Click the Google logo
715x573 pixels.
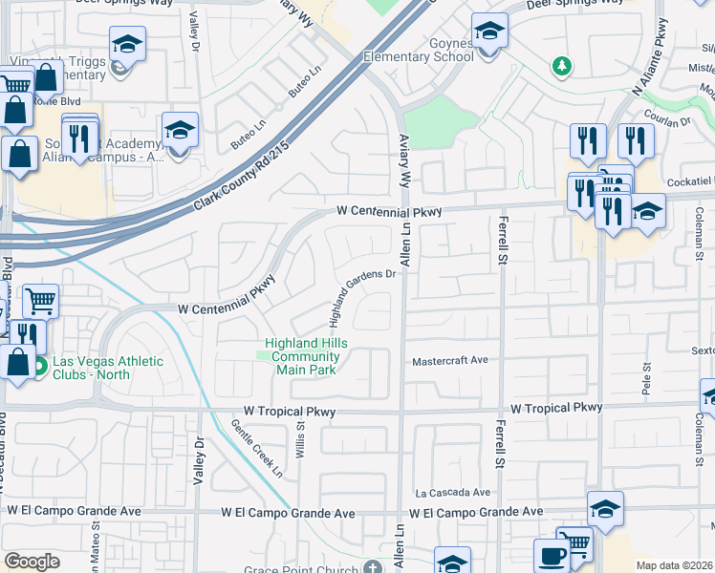click(x=32, y=562)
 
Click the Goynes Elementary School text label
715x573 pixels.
click(x=419, y=50)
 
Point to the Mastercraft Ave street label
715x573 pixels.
click(x=450, y=362)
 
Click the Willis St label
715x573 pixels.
click(x=300, y=441)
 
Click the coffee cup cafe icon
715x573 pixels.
click(x=551, y=556)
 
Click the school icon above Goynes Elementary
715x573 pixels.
click(x=489, y=32)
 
